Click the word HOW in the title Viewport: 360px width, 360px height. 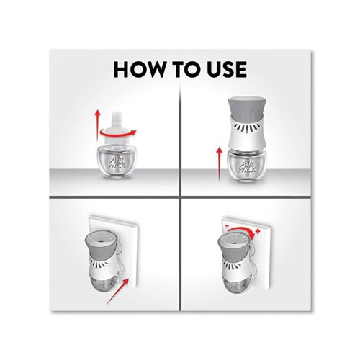tap(140, 69)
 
